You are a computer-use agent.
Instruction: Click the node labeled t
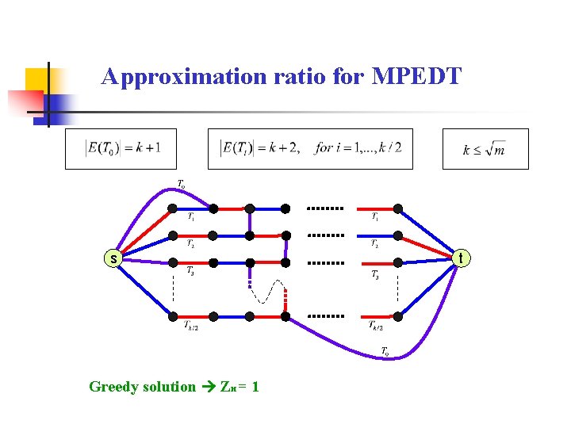462,257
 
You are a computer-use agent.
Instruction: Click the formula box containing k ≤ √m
485,149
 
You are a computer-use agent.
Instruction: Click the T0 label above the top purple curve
182,185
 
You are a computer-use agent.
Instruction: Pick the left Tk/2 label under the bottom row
191,326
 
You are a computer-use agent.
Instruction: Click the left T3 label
190,271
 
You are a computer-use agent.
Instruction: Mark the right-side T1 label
375,216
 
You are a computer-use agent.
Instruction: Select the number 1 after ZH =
255,387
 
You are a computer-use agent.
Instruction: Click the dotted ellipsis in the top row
325,208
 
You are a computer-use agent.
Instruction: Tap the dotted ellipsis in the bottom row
325,316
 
